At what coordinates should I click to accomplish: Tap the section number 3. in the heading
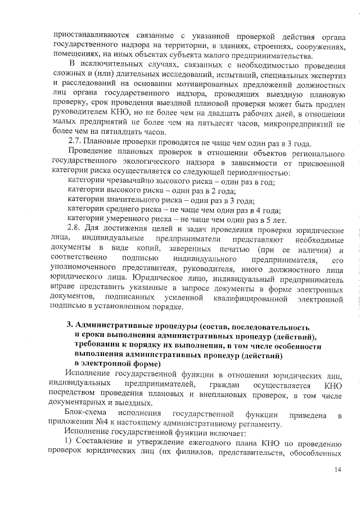tap(70, 327)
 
